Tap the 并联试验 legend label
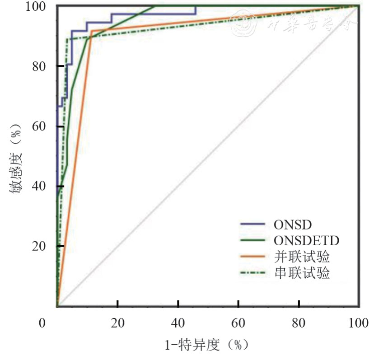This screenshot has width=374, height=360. click(302, 257)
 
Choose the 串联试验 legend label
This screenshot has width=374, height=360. click(302, 274)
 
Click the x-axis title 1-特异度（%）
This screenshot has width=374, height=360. click(207, 346)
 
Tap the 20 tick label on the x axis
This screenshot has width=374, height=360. click(117, 323)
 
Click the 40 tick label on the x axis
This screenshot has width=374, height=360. click(178, 323)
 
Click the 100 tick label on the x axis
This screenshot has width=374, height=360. click(359, 323)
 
